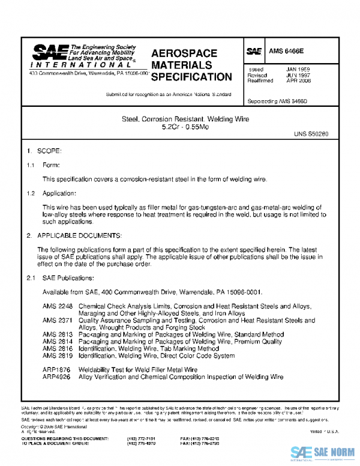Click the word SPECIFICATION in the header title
tap(191, 77)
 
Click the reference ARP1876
tap(57, 370)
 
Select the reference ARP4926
tap(57, 377)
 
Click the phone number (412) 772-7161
tap(142, 439)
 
